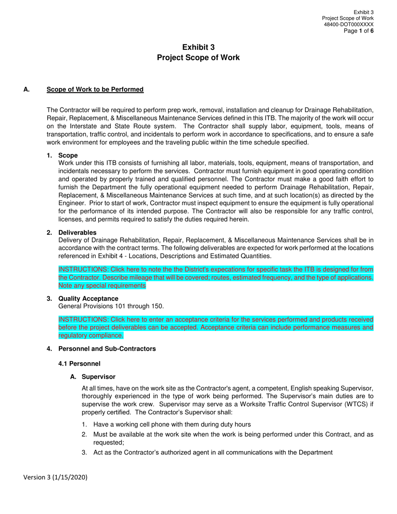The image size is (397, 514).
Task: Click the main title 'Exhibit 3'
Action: (198, 47)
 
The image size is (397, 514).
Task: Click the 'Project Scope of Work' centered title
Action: (198, 58)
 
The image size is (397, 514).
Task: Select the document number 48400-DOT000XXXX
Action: (349, 25)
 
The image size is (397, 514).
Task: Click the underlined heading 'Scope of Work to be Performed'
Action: (95, 89)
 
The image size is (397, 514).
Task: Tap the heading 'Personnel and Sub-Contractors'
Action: (107, 349)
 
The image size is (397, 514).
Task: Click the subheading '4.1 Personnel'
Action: (79, 364)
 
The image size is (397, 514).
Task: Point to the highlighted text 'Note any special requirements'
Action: (102, 286)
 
